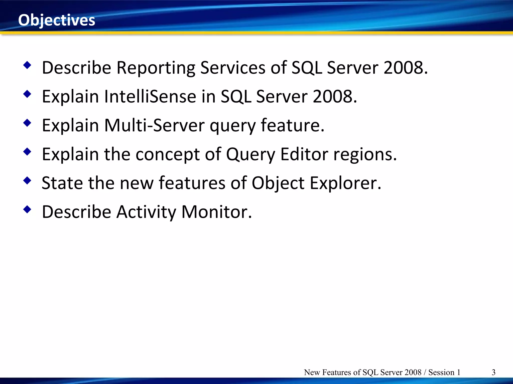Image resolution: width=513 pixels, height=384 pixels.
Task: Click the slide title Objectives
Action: click(57, 20)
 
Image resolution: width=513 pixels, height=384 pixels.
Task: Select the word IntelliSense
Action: click(150, 97)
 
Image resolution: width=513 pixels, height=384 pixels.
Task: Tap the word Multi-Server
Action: click(154, 125)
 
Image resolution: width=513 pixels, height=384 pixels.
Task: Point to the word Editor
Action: click(304, 154)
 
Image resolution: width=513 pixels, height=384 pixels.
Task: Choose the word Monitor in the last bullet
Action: click(216, 212)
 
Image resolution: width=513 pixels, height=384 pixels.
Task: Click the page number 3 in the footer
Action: click(493, 372)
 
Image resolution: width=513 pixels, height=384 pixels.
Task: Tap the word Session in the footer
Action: click(441, 372)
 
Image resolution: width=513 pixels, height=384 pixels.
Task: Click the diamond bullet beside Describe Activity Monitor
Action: click(27, 209)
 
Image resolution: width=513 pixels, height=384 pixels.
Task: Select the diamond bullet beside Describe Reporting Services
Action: click(27, 65)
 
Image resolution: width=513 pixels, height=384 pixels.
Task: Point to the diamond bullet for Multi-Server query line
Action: click(27, 123)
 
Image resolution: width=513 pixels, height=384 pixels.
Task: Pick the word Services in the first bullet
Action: click(233, 68)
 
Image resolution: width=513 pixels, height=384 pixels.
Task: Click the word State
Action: click(62, 183)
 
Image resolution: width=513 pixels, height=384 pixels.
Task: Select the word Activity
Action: click(146, 212)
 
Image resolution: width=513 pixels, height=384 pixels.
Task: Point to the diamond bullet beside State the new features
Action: click(27, 180)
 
